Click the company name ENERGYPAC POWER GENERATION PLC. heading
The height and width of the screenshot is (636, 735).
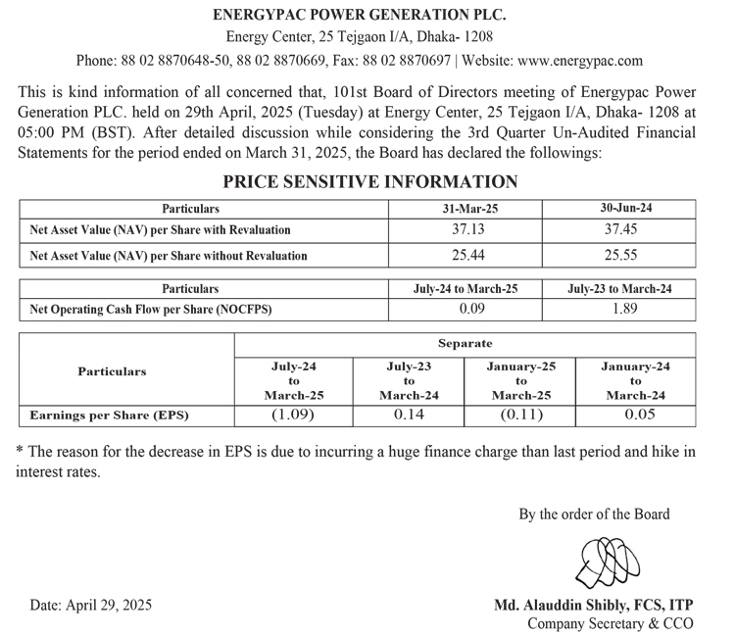coord(367,15)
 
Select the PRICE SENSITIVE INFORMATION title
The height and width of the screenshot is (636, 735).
coord(369,181)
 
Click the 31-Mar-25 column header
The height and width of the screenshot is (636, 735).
coord(464,209)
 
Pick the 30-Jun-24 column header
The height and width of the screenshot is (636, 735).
coord(619,208)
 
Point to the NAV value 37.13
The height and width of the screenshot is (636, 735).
coord(464,229)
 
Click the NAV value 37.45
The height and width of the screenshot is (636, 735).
coord(619,229)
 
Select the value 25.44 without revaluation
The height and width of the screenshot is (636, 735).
coord(464,255)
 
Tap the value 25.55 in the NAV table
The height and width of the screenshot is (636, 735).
coord(619,255)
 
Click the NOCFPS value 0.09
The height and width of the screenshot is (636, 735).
coord(464,310)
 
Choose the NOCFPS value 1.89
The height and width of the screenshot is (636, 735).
coord(619,310)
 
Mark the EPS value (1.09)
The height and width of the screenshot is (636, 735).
coord(292,415)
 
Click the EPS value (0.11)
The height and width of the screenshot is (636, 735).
coord(520,415)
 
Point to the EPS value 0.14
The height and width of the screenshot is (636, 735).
coord(407,415)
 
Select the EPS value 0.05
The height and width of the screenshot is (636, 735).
coord(634,415)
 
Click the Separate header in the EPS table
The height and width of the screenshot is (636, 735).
coord(465,344)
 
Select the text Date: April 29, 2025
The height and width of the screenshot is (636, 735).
coord(90,605)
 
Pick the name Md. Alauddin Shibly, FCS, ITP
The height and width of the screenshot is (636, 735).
coord(594,605)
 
